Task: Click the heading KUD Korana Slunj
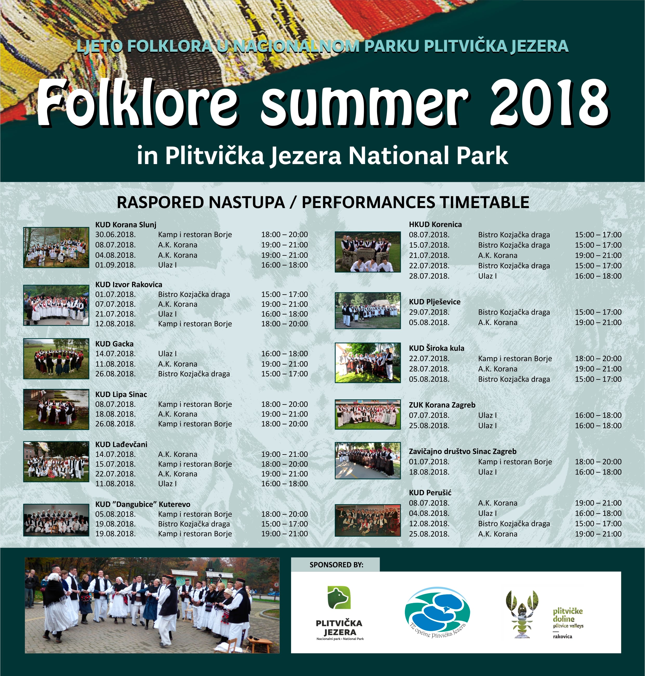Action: tap(126, 225)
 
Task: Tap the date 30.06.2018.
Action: tap(115, 235)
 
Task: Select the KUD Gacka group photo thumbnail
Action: tap(56, 359)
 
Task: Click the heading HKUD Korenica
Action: tap(435, 224)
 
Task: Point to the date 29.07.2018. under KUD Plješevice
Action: tap(429, 312)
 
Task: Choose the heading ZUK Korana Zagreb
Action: tap(442, 405)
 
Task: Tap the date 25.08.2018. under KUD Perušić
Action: tap(429, 534)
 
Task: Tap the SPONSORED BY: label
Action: tap(336, 564)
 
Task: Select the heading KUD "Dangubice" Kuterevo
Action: tap(142, 504)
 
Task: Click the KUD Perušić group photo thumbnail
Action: tap(367, 520)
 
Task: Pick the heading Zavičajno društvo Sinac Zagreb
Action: tap(462, 451)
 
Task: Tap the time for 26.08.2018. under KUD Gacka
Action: tap(284, 374)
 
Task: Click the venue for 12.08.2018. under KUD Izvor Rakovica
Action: tap(195, 324)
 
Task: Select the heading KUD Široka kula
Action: tap(436, 348)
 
